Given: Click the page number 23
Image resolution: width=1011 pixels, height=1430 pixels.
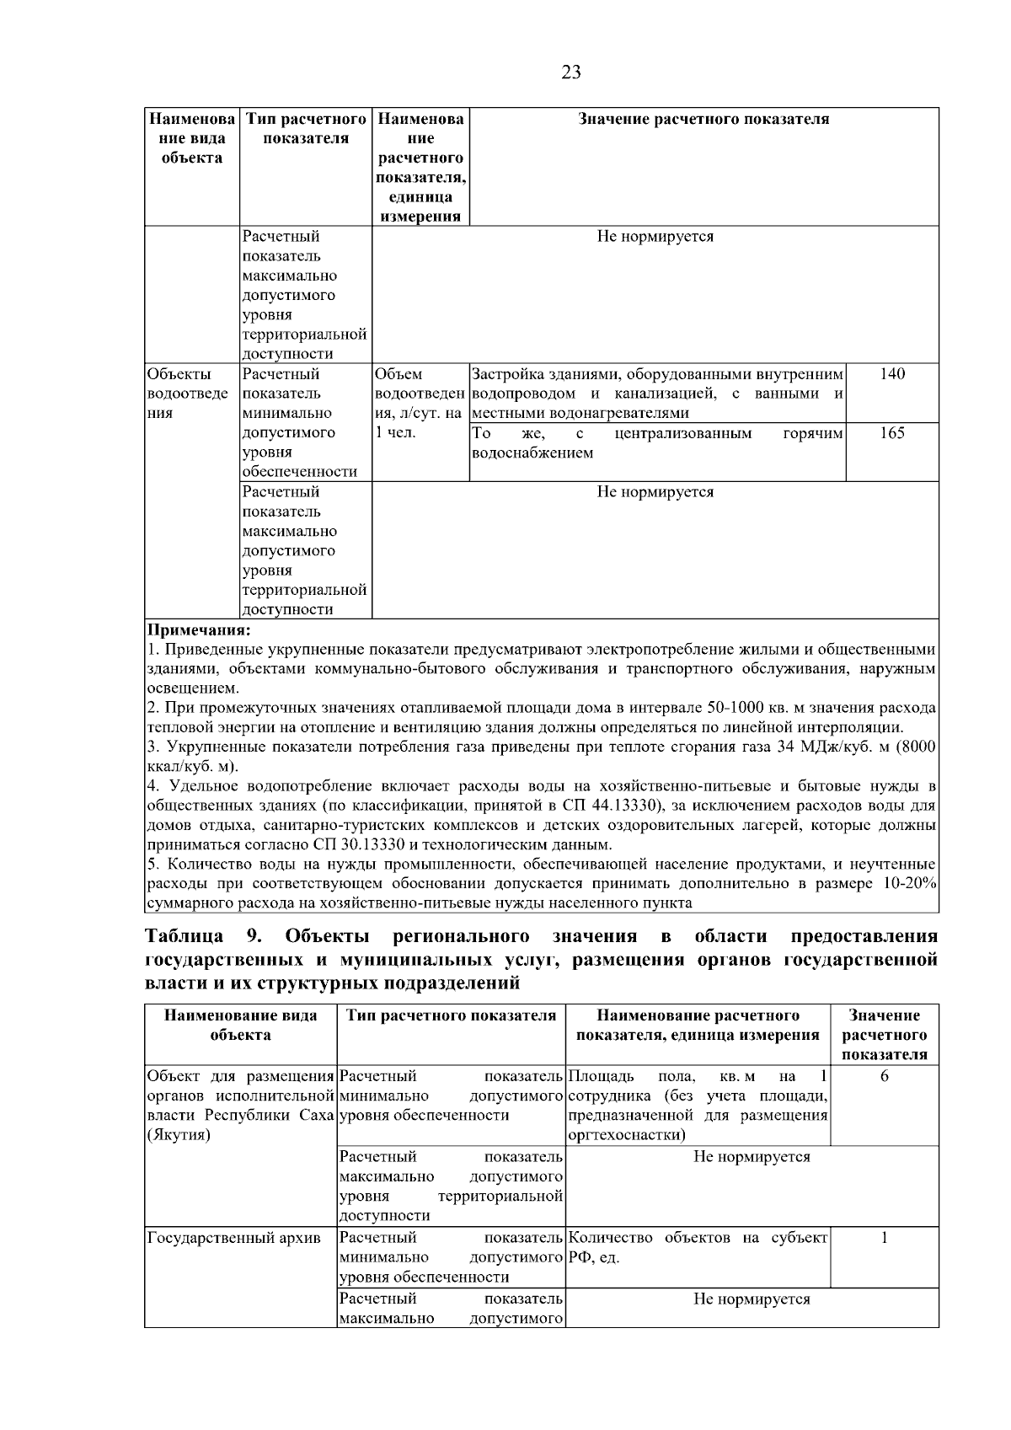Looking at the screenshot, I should coord(570,72).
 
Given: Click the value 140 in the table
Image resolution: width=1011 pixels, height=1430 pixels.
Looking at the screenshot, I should coord(892,374).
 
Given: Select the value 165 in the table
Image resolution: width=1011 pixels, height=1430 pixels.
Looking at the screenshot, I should coord(892,433).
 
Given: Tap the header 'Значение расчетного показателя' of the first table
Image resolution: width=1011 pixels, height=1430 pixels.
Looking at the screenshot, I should coord(703,120).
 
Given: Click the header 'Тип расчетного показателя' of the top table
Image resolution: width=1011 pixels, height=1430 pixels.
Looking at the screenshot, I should coord(305,129).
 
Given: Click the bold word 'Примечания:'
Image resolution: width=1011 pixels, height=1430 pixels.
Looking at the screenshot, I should coord(199,630).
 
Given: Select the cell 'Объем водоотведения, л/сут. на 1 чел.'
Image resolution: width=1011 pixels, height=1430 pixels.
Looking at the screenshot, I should coord(419,403).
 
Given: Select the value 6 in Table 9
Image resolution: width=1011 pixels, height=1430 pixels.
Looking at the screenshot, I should coord(884,1077).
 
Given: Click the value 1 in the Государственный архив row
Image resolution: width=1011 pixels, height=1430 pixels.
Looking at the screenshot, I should coord(884,1238).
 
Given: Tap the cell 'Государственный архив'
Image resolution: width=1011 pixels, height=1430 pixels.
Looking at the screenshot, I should coord(233,1238).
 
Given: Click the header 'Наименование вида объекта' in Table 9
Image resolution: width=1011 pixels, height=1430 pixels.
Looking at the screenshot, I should coord(240,1026).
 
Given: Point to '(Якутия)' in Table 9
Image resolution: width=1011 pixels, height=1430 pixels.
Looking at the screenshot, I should coord(179,1135).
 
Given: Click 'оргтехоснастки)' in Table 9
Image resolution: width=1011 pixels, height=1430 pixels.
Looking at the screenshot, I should coord(627,1135).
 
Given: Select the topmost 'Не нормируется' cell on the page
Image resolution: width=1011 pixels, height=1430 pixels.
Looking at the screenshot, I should coord(655,237).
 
